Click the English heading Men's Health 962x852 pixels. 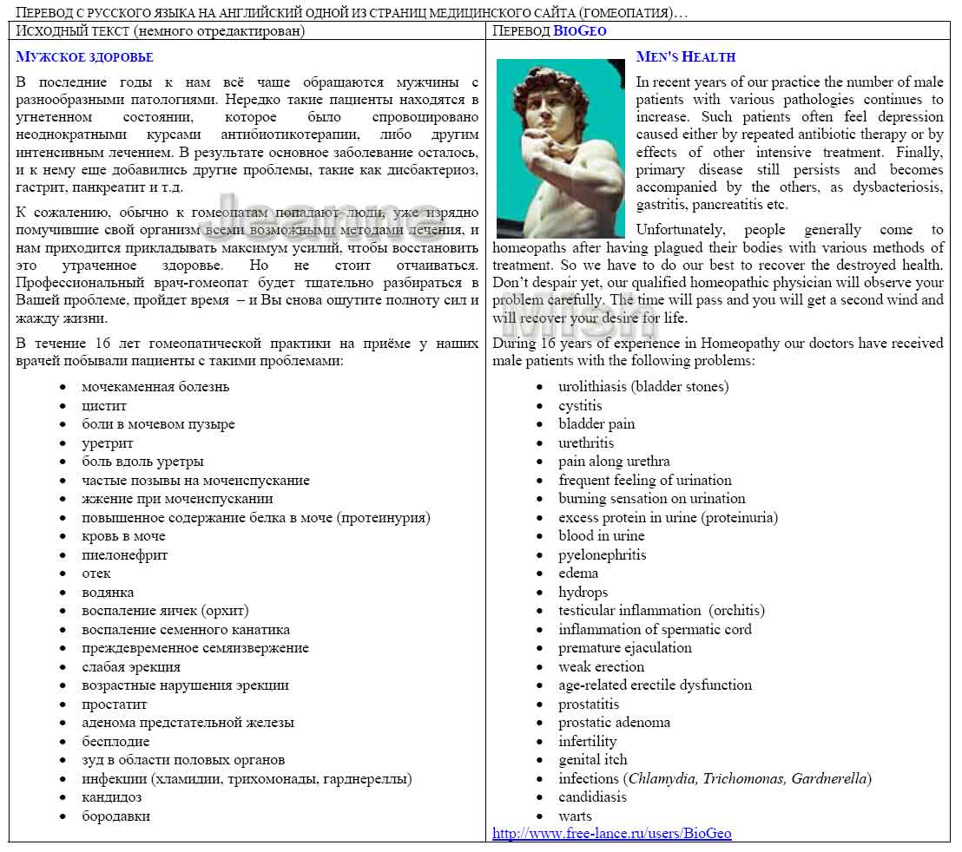pos(685,57)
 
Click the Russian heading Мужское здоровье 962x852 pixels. pos(84,57)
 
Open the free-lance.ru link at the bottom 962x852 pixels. pos(611,834)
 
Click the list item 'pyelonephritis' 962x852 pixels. pos(602,555)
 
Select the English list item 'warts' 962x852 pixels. pos(575,816)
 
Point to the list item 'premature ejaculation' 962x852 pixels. pos(624,648)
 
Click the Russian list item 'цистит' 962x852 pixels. pos(104,406)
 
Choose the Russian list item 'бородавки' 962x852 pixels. pos(115,816)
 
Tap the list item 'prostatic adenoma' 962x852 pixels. pos(614,723)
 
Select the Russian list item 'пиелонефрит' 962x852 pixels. pos(124,555)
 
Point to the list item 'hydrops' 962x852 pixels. pos(583,593)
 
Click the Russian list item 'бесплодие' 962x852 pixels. pos(115,742)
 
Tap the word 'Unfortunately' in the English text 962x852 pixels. pos(680,230)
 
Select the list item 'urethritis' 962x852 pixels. pos(586,443)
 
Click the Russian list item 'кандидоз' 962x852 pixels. pos(111,797)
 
